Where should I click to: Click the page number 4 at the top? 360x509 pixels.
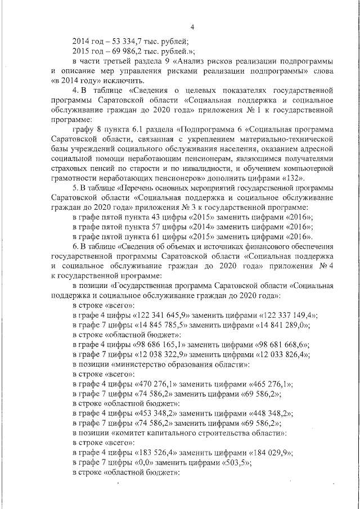click(x=192, y=28)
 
